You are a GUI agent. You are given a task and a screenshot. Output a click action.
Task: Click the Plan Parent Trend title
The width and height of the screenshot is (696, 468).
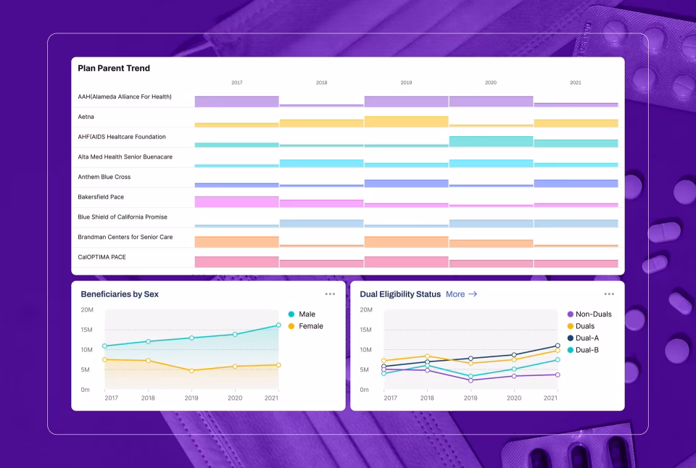point(114,68)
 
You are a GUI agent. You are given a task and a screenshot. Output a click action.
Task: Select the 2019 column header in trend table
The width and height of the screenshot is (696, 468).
point(406,83)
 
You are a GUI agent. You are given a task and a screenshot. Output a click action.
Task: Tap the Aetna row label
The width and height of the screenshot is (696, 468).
point(86,117)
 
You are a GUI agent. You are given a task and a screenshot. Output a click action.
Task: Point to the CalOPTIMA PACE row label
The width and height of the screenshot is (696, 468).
point(102,257)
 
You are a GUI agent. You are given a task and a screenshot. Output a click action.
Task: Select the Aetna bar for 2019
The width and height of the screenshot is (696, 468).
point(406,122)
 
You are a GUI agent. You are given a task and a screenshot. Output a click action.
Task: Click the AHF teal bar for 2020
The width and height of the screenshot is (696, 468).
point(491,141)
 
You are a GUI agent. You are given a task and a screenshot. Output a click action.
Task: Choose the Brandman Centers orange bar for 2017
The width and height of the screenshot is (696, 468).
point(236,242)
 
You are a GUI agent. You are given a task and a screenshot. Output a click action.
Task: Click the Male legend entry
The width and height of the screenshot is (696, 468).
point(307,314)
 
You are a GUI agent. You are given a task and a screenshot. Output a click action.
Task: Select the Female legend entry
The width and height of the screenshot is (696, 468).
point(310,327)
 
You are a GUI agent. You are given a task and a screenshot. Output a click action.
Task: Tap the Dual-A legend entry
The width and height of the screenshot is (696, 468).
point(587,338)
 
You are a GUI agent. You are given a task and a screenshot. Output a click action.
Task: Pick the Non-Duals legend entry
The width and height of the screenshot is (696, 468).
point(593,314)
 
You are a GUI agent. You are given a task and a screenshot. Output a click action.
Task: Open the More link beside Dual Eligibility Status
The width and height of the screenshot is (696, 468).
point(461,294)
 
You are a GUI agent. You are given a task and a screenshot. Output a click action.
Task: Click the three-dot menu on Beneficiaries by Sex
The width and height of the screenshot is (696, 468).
point(330,294)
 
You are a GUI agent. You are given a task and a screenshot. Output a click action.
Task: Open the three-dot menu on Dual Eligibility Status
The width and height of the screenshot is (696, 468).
point(609,294)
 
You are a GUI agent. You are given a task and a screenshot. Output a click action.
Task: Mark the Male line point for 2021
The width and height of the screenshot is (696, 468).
point(278,325)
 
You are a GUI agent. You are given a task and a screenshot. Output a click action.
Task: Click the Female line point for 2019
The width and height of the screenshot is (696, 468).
point(191,370)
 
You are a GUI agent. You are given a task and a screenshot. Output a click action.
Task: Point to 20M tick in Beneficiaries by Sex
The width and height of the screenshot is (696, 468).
point(86,310)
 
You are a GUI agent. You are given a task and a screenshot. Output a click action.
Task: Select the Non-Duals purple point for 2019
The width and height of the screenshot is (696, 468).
point(471,380)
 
